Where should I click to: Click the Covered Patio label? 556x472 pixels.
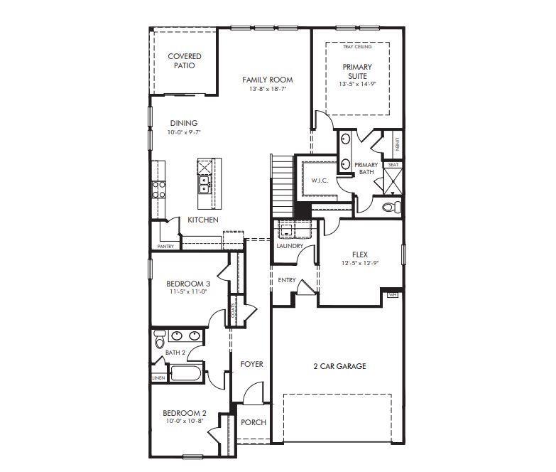(185, 60)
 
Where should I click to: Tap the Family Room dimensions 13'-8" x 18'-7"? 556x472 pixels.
(267, 90)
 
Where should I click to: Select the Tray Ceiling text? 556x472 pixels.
(357, 47)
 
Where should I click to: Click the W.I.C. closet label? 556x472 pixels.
(320, 181)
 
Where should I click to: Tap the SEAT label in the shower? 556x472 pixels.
(393, 165)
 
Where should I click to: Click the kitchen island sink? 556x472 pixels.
(204, 186)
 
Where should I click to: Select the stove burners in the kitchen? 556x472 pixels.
(158, 189)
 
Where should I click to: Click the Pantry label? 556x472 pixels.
(165, 247)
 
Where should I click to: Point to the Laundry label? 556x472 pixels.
(290, 246)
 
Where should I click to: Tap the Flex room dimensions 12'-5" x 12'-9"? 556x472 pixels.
(359, 263)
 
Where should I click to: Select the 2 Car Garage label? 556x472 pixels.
(339, 367)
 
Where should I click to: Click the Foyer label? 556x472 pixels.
(251, 364)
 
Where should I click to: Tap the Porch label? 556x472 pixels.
(253, 422)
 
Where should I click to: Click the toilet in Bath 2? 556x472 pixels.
(159, 340)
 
